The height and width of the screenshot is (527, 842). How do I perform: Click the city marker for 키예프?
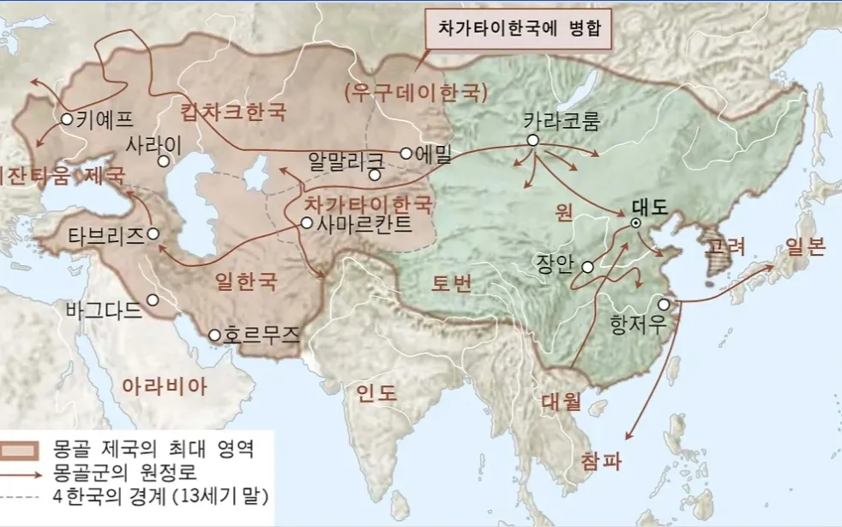[67, 120]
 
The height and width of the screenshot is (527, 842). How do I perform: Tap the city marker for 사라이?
[163, 160]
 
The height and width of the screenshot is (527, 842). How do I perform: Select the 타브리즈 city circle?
[153, 233]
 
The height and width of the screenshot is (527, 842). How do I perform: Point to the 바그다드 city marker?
[152, 300]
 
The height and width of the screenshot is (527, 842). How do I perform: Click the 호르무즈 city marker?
[215, 335]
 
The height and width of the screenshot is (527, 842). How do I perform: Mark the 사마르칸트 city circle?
[307, 222]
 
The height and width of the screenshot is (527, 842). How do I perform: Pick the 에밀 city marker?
[406, 154]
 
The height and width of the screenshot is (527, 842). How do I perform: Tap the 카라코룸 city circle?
[532, 140]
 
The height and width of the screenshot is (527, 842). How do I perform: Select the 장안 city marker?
[587, 267]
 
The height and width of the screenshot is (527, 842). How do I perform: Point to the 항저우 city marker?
[664, 305]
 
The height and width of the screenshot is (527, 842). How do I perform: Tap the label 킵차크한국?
[233, 112]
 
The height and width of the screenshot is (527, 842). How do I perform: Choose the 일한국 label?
[245, 281]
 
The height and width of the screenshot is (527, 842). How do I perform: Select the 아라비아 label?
[165, 385]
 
